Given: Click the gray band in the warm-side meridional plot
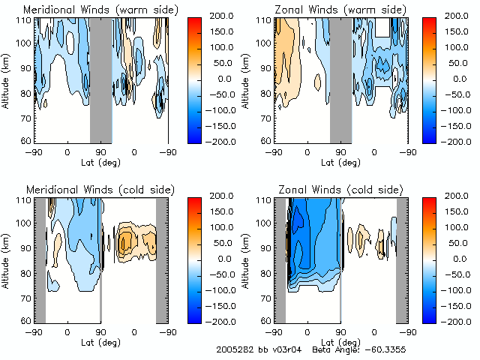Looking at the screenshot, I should pos(100,79).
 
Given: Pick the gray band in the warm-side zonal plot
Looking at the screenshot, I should pos(340,79).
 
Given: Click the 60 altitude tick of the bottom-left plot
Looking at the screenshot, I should pos(25,320).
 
